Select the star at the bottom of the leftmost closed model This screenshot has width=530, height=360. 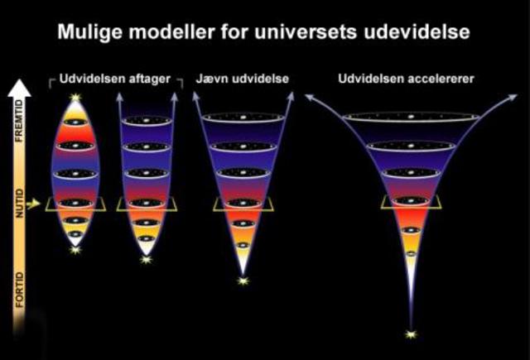(x=75, y=247)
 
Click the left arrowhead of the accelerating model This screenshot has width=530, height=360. (x=309, y=97)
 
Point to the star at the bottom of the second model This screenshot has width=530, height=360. (x=146, y=259)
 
